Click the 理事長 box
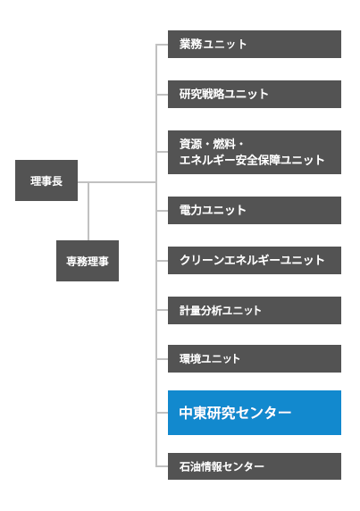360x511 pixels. (x=46, y=181)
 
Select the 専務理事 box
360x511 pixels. (x=87, y=261)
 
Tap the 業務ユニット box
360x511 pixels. (x=254, y=44)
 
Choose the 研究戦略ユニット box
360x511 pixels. (x=254, y=94)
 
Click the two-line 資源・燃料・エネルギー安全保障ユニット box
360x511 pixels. (x=254, y=152)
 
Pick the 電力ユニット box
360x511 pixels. (x=254, y=210)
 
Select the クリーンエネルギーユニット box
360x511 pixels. (x=254, y=260)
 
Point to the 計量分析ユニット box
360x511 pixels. (x=254, y=310)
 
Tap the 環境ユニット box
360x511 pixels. (x=254, y=358)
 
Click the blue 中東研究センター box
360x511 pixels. (x=254, y=413)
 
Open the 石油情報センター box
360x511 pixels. (x=254, y=465)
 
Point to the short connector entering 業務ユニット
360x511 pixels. (x=162, y=44)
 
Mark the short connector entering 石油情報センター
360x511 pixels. (x=162, y=465)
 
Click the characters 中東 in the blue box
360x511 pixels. (x=193, y=413)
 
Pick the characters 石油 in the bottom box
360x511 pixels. (x=189, y=465)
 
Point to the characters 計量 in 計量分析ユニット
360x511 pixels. (x=189, y=310)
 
